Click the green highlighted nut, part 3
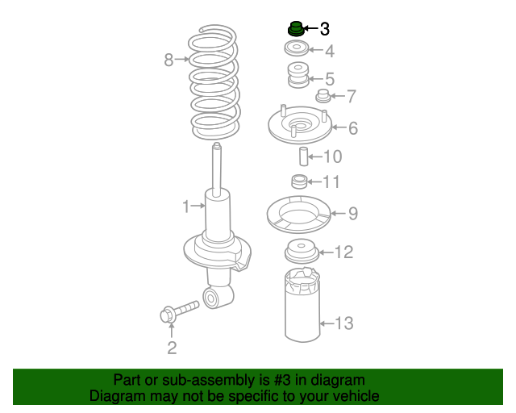point(296,29)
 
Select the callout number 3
point(324,29)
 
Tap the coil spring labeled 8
point(214,81)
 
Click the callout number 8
point(169,59)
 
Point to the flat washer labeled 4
point(298,51)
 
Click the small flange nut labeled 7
point(324,98)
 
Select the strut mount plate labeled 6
point(299,127)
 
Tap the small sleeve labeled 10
point(304,156)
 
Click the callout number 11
point(331,181)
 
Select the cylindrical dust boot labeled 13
point(302,307)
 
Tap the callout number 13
point(343,323)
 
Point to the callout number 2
point(171,348)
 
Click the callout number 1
point(185,206)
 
